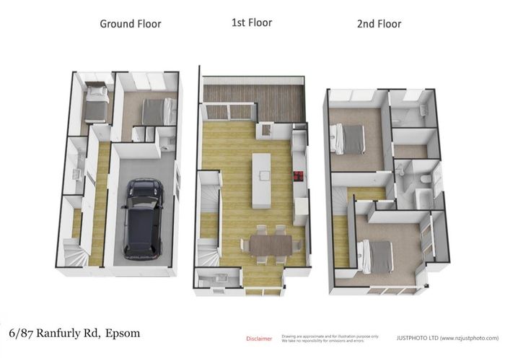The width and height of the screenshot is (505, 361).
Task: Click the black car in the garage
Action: click(144, 218)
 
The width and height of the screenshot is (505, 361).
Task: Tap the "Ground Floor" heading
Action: click(130, 24)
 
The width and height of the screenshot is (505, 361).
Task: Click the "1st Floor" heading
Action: click(251, 22)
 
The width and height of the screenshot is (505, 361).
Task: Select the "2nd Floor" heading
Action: click(379, 24)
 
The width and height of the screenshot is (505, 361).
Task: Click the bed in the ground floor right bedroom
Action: click(157, 112)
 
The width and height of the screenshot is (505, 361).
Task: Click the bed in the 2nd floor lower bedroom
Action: click(377, 256)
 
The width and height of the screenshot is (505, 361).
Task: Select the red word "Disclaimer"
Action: click(259, 338)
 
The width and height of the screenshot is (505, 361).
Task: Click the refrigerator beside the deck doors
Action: click(265, 130)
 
